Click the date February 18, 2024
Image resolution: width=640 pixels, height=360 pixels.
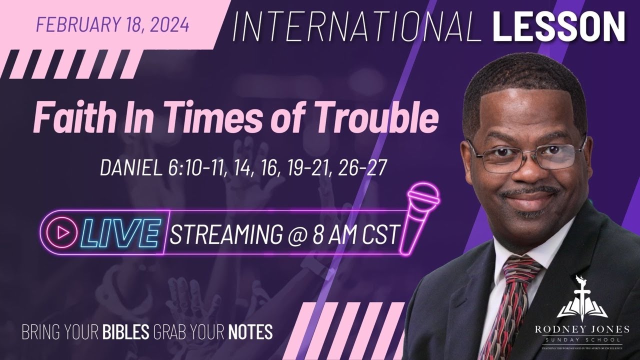pos(113,25)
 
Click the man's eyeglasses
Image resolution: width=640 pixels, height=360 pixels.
pos(525,155)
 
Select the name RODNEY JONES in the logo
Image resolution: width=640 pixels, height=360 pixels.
pos(584,329)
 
